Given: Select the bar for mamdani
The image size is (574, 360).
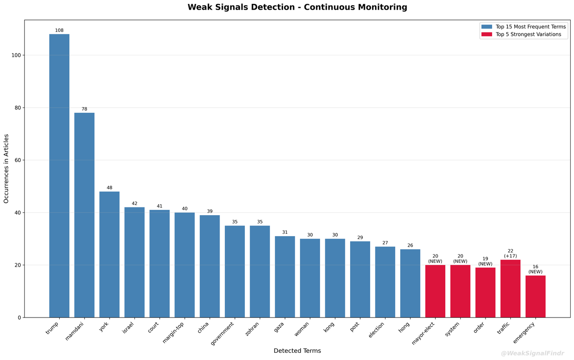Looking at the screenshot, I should coord(84,215).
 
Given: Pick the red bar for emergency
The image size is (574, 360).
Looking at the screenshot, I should coord(535,296).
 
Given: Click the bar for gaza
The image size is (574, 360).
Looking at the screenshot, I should coord(285,277).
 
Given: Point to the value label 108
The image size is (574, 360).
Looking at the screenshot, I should coord(59,31).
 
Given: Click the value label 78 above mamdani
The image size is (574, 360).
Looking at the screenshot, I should coord(84,109).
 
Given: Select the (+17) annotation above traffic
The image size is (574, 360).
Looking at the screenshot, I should coord(510,256).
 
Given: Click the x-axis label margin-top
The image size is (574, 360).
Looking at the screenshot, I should coord(175,332).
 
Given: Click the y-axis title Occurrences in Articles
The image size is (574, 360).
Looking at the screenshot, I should coord(7,168).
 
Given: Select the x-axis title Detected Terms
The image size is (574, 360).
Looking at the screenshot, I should coord(297,351).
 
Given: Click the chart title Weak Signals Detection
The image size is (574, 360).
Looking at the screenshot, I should coord(297,7).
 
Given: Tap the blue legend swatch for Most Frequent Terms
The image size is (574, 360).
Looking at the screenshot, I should coord(486,27).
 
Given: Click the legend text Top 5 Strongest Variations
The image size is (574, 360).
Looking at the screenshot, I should coord(528,34).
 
